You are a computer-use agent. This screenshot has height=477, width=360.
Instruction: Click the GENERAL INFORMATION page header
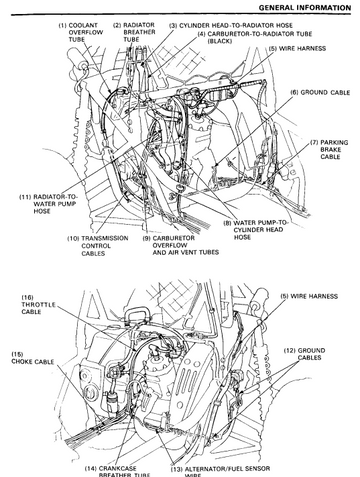point(305,7)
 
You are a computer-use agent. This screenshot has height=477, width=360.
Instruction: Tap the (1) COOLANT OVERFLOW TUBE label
point(81,32)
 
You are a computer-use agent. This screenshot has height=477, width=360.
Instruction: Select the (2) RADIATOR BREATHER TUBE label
point(134,32)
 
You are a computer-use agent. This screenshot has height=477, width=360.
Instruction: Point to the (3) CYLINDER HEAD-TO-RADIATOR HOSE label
point(231,25)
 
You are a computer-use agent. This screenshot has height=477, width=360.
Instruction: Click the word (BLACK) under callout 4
point(220,41)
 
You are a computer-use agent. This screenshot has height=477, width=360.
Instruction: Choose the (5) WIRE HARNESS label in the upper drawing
point(297,49)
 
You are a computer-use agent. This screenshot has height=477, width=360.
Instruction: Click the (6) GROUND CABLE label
point(320,92)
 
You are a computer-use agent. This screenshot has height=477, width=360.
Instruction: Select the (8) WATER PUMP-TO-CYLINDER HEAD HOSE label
point(256,230)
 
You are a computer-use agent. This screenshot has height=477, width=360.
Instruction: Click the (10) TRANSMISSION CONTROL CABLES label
point(98,246)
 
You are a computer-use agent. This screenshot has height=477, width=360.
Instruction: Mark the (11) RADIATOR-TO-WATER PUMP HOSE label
point(48,204)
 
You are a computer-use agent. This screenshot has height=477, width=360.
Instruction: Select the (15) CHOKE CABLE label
point(32,358)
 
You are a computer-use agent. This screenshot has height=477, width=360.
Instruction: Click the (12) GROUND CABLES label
point(304,354)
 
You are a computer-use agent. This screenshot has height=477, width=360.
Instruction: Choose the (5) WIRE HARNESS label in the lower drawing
point(309,296)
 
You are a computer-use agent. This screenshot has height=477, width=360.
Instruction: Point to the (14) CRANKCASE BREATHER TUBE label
point(117,471)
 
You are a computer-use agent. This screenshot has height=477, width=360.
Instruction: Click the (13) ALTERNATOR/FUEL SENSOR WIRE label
point(220,471)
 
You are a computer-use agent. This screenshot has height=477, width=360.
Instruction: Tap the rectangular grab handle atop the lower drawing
point(137,313)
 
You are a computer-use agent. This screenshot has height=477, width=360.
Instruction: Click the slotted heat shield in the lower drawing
point(191,380)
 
